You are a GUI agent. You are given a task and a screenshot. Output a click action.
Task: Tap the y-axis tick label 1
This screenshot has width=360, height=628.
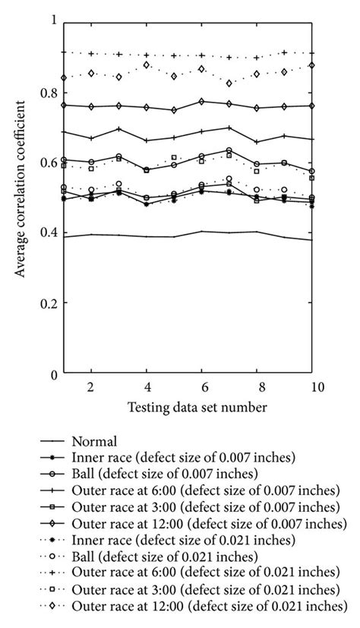click(54, 21)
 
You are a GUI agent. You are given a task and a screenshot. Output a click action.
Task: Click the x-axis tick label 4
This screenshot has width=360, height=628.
click(147, 387)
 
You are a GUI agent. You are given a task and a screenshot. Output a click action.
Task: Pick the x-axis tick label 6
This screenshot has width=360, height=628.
click(202, 387)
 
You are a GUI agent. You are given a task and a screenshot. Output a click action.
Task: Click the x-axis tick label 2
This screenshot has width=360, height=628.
click(90, 387)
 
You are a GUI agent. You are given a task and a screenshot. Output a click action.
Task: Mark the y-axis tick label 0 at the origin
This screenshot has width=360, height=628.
click(54, 374)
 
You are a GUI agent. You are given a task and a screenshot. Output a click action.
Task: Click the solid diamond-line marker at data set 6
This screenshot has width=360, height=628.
click(202, 101)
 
